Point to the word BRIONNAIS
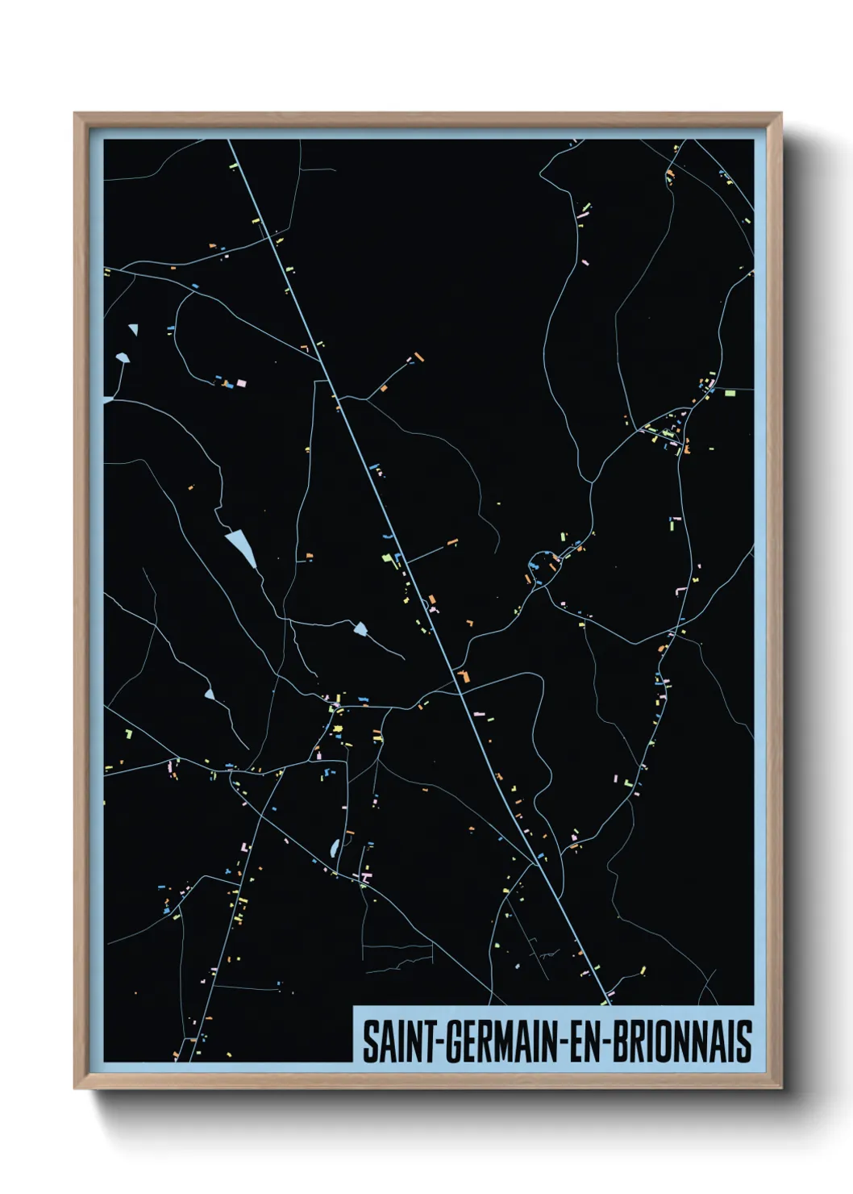click(x=682, y=1042)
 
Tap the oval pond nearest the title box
click(x=334, y=848)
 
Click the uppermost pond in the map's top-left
click(x=133, y=329)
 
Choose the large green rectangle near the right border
click(x=730, y=394)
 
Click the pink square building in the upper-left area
click(x=241, y=383)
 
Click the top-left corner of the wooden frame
click(x=75, y=114)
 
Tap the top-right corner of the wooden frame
click(x=780, y=114)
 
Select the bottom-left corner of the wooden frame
click(x=75, y=1088)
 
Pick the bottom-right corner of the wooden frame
click(x=780, y=1088)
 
